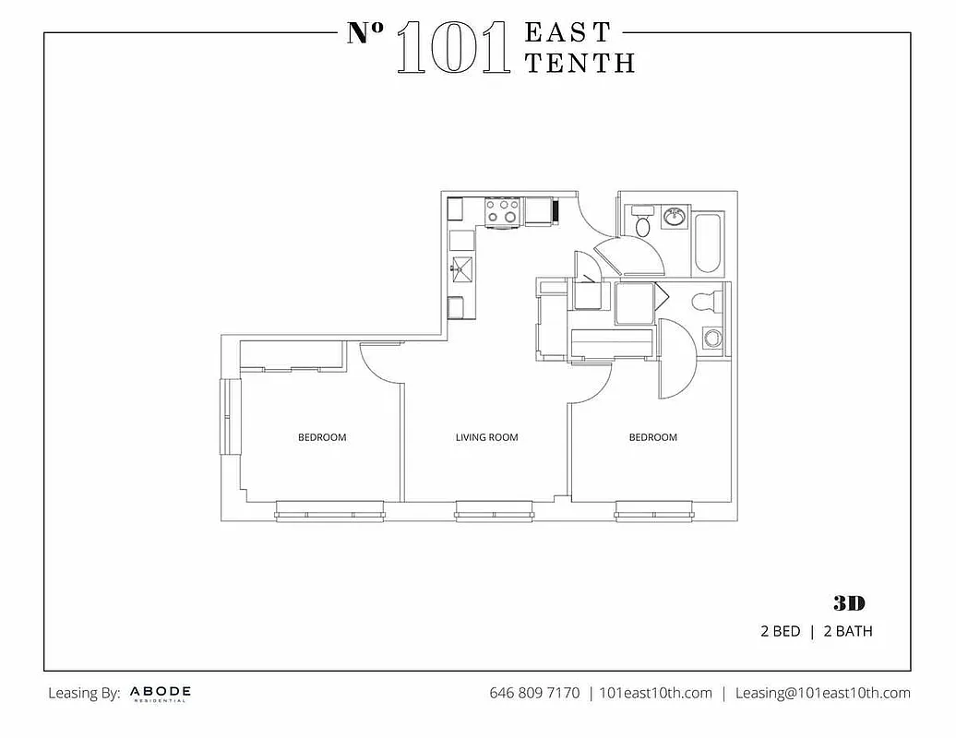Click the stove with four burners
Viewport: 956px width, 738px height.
(x=503, y=211)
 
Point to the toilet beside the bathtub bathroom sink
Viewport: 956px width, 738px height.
(x=643, y=223)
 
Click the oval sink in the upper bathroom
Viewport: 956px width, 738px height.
(x=675, y=218)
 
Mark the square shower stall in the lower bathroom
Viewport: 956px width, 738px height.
(x=635, y=304)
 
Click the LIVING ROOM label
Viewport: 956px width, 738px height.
(x=486, y=437)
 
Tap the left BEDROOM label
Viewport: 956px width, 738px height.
(x=322, y=437)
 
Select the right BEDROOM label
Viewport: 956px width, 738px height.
(x=652, y=437)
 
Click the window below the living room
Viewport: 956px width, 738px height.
(x=494, y=510)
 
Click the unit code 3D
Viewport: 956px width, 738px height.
(x=849, y=603)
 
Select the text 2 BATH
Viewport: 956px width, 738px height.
(x=848, y=632)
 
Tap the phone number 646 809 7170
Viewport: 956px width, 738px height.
(x=534, y=693)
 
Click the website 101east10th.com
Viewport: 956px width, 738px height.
(x=655, y=693)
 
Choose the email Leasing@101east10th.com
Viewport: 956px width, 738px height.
(x=822, y=693)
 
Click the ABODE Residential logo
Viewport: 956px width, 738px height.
(x=161, y=693)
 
